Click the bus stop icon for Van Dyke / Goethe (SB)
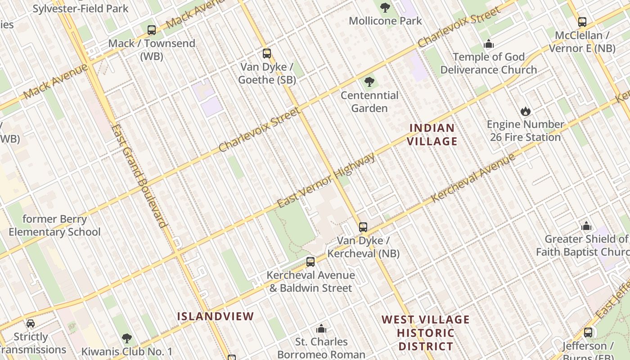(267, 54)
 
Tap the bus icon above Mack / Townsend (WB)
(152, 30)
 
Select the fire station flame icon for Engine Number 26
(525, 111)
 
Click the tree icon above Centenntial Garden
(369, 82)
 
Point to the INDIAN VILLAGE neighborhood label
(432, 135)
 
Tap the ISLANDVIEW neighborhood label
(216, 316)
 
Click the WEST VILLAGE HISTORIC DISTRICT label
(426, 333)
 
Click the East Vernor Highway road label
(326, 180)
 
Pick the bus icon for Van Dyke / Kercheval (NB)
(363, 227)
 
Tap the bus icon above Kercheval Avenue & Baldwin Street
(310, 262)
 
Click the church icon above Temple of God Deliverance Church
(489, 44)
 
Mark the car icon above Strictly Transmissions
(31, 324)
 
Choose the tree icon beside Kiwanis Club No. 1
(127, 338)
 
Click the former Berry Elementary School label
(55, 226)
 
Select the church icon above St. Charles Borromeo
(321, 328)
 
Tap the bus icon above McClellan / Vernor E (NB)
(582, 22)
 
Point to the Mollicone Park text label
(386, 21)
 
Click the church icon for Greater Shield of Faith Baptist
(586, 226)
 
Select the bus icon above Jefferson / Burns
(588, 333)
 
